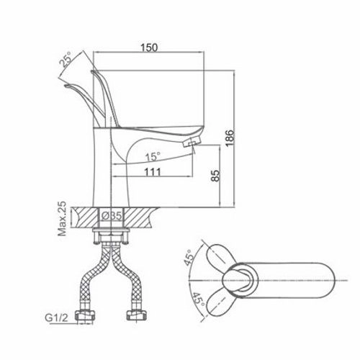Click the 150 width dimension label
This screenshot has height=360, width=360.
(x=149, y=48)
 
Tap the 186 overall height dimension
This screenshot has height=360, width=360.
(x=230, y=138)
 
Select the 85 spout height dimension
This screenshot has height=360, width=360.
(x=215, y=176)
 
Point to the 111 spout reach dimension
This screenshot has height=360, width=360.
(x=153, y=172)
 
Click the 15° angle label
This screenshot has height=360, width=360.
(x=153, y=157)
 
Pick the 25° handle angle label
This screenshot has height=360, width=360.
(x=66, y=59)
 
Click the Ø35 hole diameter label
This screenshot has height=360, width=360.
(x=112, y=216)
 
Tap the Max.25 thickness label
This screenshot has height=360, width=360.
(x=62, y=218)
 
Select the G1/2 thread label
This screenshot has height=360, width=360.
(x=57, y=318)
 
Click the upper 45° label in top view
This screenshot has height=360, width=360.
(x=189, y=257)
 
